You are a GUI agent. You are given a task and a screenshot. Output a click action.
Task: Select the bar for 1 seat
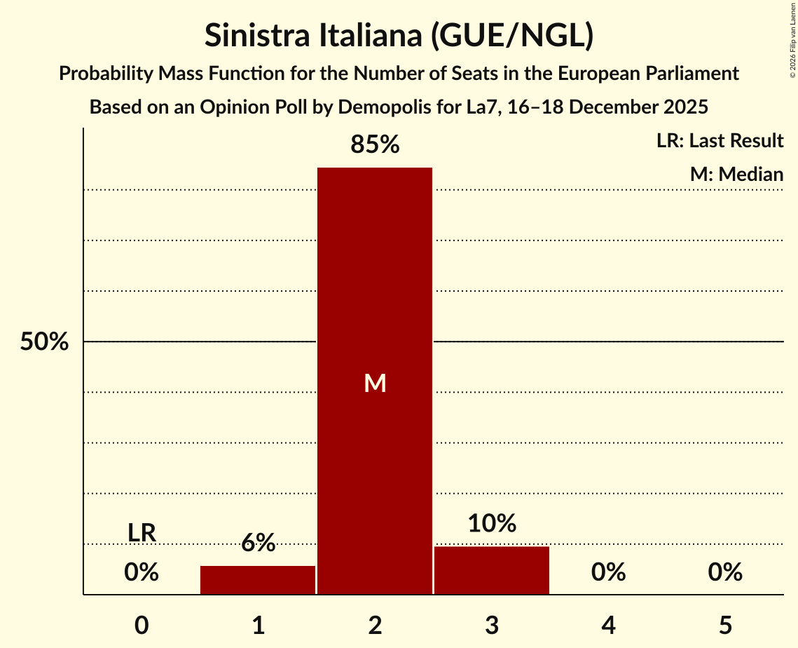258,580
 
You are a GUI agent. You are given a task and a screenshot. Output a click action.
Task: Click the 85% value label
375,144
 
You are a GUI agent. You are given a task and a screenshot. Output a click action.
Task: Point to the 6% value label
258,542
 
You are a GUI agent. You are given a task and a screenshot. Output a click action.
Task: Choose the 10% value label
492,523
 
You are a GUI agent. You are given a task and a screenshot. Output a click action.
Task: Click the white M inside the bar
375,383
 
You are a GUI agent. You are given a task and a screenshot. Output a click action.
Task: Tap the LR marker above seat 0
142,533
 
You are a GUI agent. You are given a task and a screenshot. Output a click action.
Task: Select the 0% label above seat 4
608,572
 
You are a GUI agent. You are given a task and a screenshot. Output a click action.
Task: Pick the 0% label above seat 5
725,572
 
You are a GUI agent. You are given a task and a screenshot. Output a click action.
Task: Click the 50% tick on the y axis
44,342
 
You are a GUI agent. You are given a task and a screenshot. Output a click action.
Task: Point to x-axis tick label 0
142,625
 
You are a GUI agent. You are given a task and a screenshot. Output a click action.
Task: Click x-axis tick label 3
492,625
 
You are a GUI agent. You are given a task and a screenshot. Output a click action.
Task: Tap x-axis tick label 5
725,625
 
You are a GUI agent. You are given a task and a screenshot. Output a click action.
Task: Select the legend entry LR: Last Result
720,141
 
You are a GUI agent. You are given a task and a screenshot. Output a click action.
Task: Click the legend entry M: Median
736,174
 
